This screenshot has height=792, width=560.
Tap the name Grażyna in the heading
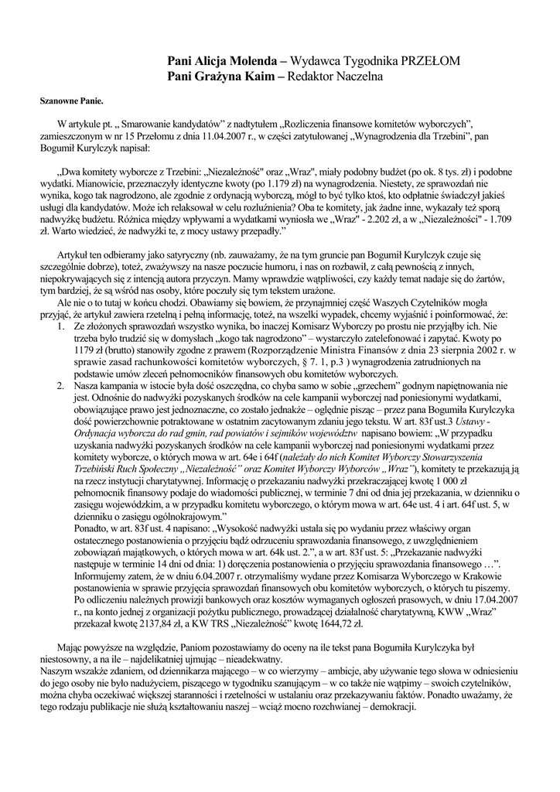[223, 77]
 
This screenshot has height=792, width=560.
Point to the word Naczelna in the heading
[358, 77]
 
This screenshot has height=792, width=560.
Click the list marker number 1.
[63, 327]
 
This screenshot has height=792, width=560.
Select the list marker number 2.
[63, 384]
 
